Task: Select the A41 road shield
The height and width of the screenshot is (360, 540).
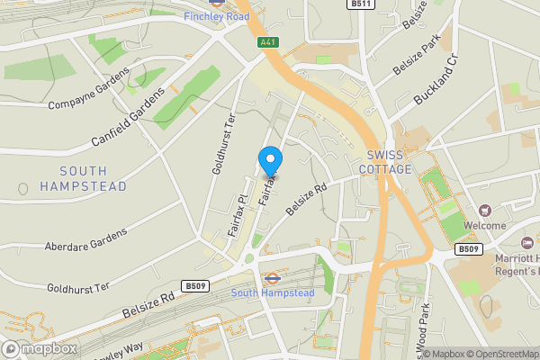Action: pyautogui.click(x=266, y=41)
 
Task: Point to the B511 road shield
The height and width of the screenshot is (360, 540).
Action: pyautogui.click(x=360, y=5)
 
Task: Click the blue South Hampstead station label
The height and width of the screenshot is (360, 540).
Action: pyautogui.click(x=273, y=293)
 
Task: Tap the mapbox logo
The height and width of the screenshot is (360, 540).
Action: pyautogui.click(x=40, y=348)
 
